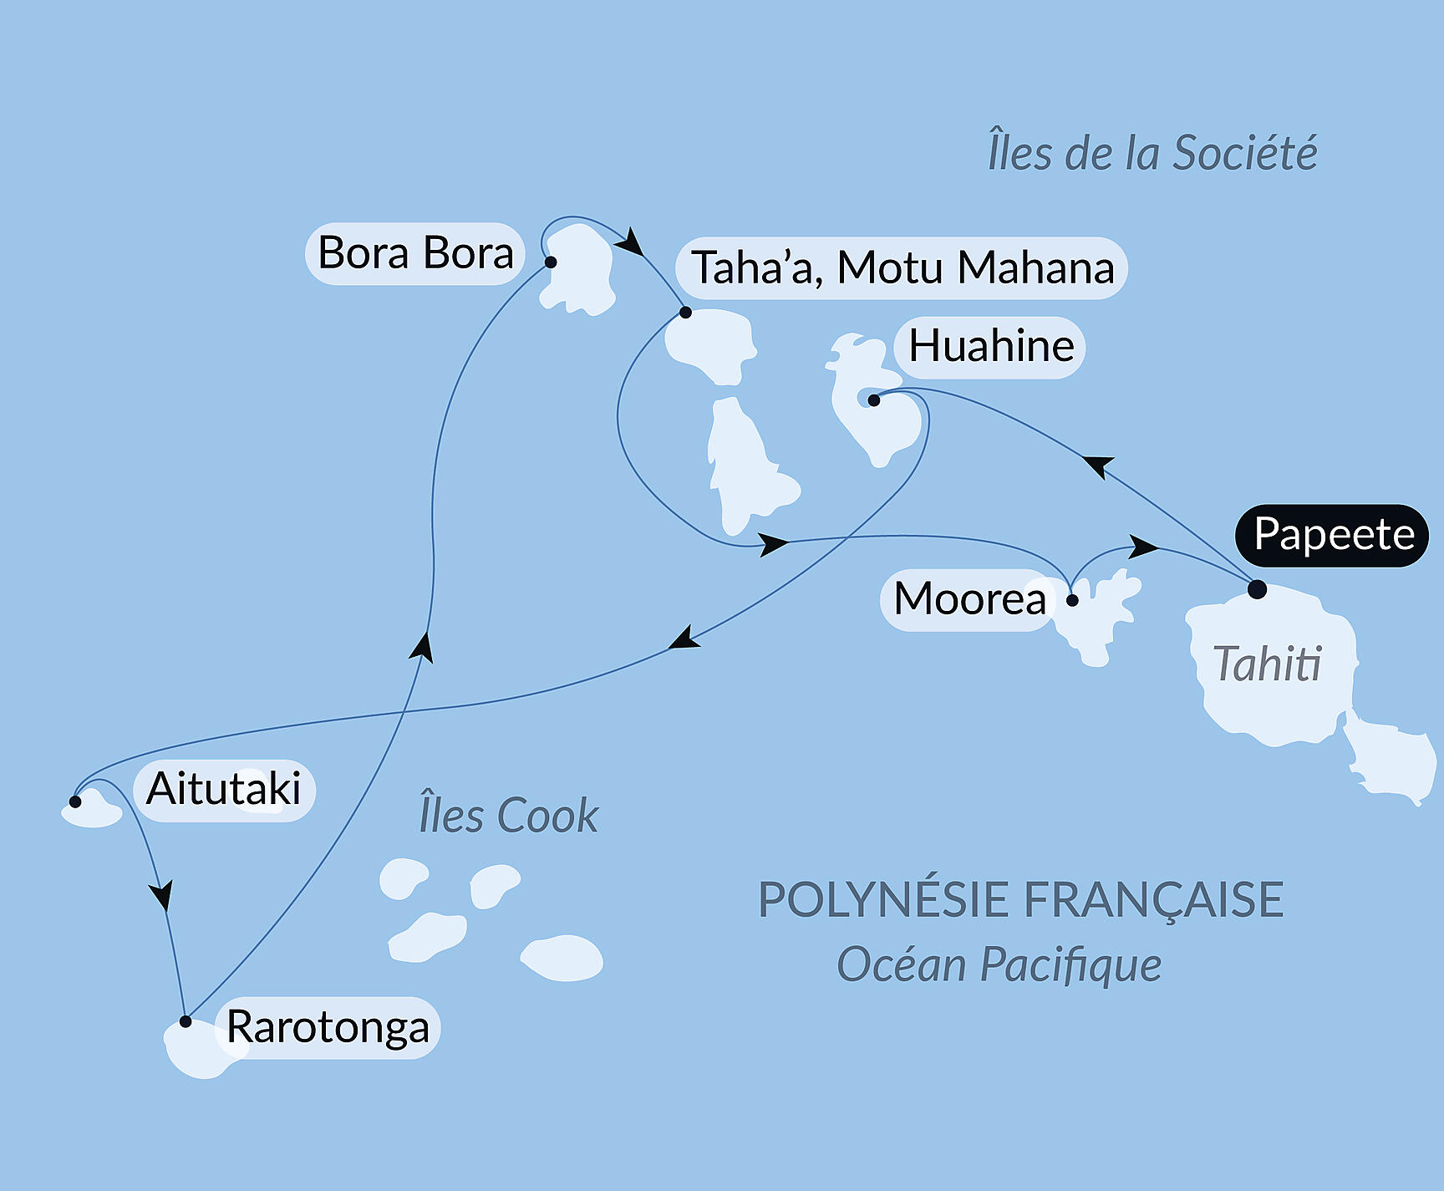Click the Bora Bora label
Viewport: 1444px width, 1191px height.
tap(415, 253)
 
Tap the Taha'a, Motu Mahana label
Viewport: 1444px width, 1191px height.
tap(902, 268)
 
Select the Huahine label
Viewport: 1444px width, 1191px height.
tap(991, 347)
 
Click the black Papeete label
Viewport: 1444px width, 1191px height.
tap(1333, 535)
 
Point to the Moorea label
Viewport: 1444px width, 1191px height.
tap(969, 599)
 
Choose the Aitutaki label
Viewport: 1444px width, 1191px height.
tap(224, 790)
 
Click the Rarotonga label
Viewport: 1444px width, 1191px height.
tap(328, 1027)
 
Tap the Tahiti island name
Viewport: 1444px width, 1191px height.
tap(1267, 665)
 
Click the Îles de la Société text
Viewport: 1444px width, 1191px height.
tap(1152, 153)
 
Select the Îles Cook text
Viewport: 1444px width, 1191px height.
tap(508, 816)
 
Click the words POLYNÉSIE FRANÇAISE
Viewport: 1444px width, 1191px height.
tap(1020, 900)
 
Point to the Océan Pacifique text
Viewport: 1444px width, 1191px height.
tap(999, 965)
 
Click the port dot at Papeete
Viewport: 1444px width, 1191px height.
tap(1257, 590)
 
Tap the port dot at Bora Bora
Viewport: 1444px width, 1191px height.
tap(551, 262)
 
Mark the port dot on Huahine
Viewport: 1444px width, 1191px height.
tap(874, 400)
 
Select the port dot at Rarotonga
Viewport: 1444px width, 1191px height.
tap(186, 1021)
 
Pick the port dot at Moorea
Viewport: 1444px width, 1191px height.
tap(1072, 600)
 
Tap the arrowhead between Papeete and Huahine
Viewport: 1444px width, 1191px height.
tap(1098, 465)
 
